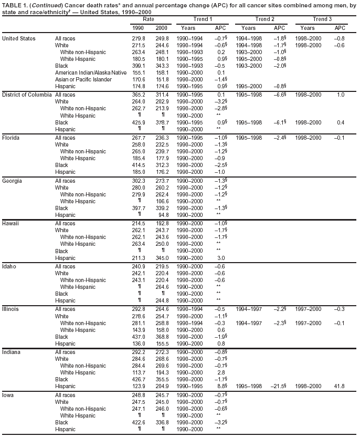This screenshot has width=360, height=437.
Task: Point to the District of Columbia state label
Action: coord(27,94)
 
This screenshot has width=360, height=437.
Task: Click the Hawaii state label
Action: coord(11,223)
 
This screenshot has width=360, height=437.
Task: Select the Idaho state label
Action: coord(9,266)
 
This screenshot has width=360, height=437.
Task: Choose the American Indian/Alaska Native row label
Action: coord(91,72)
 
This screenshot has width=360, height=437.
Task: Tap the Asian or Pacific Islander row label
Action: coord(83,79)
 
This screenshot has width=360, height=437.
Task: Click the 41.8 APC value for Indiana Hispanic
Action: coord(340,387)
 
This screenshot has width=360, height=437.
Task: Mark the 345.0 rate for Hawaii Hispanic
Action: coord(162,258)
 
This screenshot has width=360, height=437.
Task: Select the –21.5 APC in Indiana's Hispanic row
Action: coord(278,387)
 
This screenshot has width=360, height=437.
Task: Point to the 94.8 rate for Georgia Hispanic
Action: coord(163,215)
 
